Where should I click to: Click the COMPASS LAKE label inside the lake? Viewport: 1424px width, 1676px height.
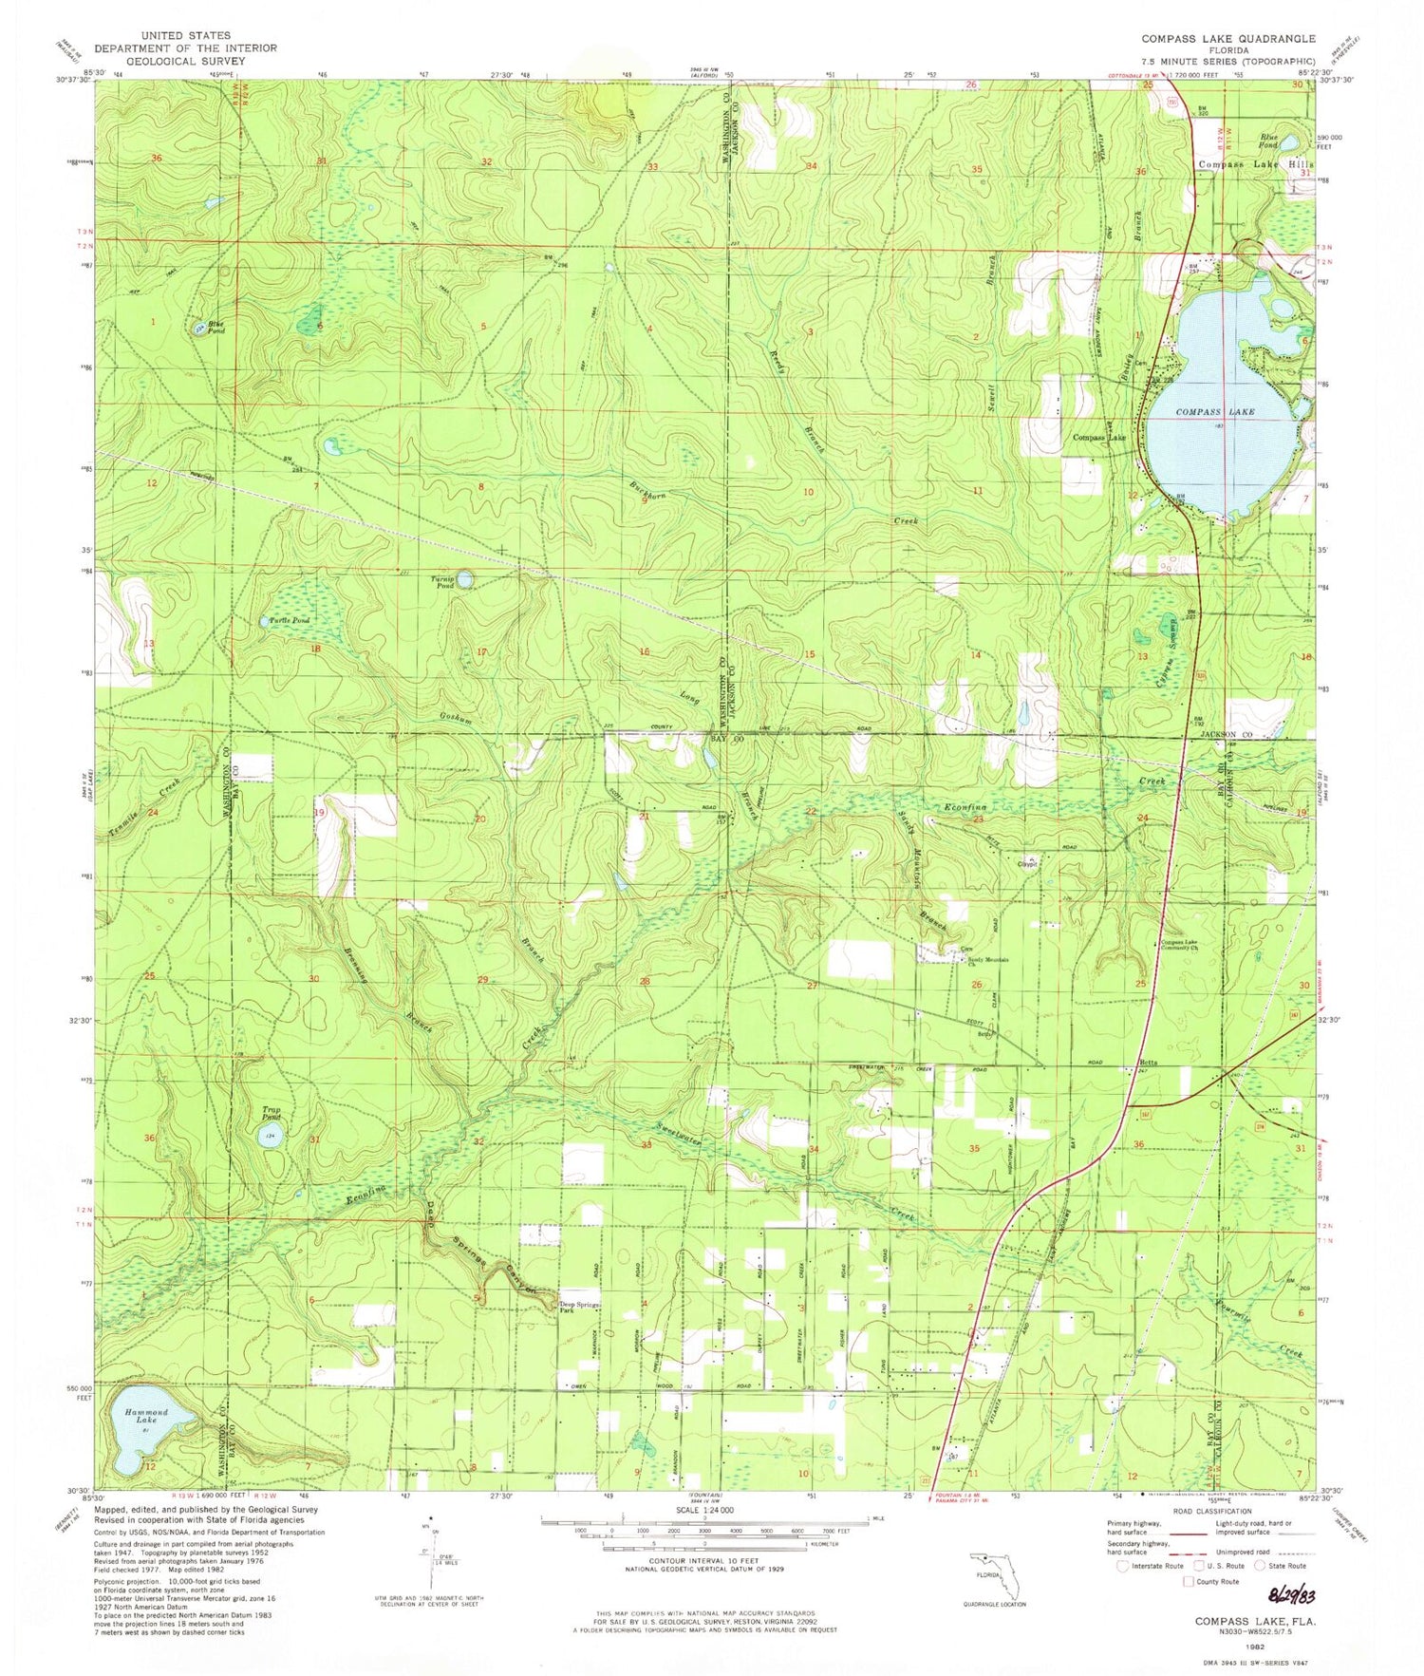[x=1215, y=412]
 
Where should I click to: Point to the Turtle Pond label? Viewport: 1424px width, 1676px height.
[x=290, y=620]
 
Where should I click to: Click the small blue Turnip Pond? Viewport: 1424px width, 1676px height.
[x=465, y=577]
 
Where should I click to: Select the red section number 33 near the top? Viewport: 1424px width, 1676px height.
[x=652, y=167]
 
